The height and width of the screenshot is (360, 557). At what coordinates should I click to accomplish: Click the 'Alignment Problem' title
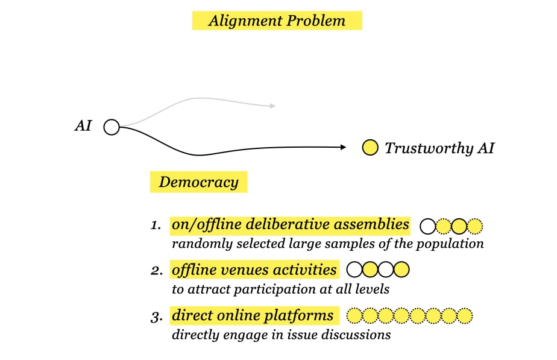tap(277, 21)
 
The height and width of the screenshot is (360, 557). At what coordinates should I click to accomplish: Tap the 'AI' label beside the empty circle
tap(83, 126)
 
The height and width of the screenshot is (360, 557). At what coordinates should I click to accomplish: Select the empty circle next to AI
tap(112, 127)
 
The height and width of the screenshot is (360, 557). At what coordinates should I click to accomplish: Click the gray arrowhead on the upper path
tap(272, 106)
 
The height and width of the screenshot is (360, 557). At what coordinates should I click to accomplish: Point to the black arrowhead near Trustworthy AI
tap(343, 147)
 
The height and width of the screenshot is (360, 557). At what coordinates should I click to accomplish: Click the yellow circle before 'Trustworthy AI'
tap(370, 147)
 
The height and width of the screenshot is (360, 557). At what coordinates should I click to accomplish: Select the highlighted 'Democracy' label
tap(198, 182)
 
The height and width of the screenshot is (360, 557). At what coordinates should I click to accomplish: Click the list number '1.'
tap(156, 226)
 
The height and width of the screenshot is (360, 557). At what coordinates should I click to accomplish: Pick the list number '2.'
tap(157, 271)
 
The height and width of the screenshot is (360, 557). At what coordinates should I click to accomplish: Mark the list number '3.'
tap(157, 315)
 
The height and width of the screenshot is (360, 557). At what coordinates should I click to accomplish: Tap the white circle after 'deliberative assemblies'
tap(427, 227)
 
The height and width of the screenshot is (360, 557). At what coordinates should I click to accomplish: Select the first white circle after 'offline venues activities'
tap(355, 270)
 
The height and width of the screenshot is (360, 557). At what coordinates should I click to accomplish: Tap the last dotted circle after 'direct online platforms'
tap(465, 315)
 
